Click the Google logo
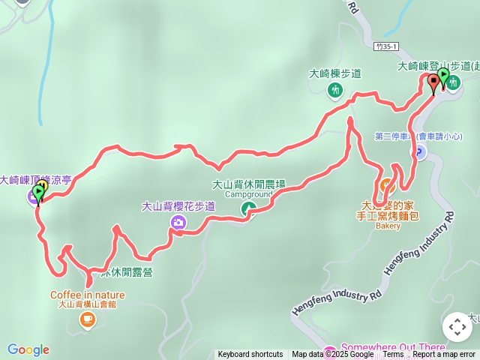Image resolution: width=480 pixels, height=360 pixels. [x=28, y=349]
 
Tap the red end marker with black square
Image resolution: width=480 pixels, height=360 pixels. [x=433, y=82]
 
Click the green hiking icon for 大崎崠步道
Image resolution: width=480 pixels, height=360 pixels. [x=335, y=90]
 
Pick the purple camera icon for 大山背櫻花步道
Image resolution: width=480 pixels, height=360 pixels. [x=178, y=222]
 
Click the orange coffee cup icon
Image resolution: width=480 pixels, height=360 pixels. [x=88, y=320]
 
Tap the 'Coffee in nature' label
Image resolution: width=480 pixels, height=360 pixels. [x=88, y=295]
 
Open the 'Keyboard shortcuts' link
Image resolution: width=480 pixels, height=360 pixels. [x=250, y=355]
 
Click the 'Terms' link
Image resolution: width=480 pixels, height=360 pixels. [x=393, y=355]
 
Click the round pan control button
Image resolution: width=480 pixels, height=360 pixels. [x=457, y=327]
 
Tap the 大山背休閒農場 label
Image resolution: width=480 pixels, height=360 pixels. [x=248, y=184]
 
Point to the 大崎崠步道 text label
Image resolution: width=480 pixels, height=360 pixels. [x=335, y=73]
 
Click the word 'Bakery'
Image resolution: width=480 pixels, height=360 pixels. [x=388, y=225]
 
